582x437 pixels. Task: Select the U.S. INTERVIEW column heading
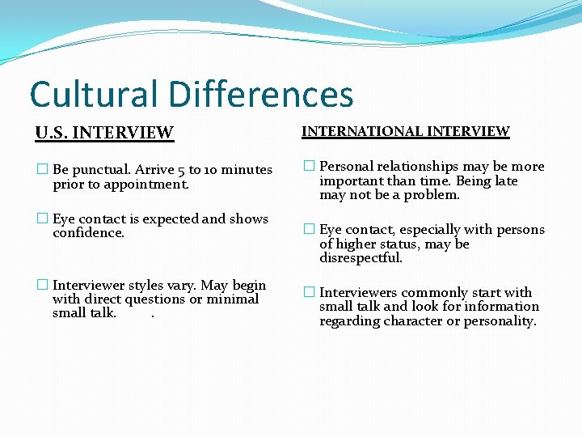(104, 132)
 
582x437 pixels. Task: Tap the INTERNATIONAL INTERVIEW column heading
(406, 131)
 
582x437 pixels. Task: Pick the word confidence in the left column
(88, 233)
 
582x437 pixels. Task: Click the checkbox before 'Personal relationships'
(309, 167)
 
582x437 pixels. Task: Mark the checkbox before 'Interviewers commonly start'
(309, 293)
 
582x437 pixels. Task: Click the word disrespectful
(361, 258)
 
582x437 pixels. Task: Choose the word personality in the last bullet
(499, 321)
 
